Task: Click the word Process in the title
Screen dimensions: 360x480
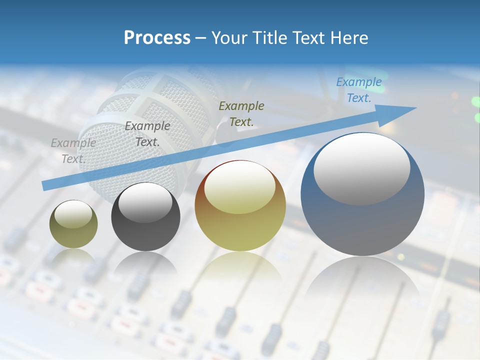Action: [x=157, y=38]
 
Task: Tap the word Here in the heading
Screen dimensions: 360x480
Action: [x=349, y=38]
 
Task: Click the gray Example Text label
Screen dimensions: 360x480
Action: [x=73, y=151]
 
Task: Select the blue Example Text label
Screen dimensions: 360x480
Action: [x=358, y=90]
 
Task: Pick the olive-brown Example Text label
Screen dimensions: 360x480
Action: [x=241, y=113]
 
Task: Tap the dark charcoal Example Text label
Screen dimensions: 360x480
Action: [x=147, y=134]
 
